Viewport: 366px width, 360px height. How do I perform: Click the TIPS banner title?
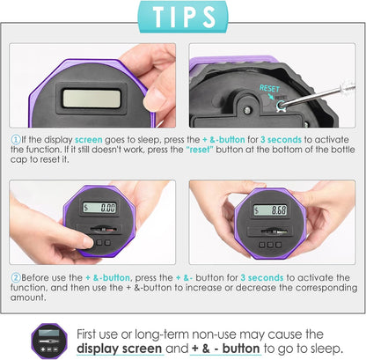(x=184, y=17)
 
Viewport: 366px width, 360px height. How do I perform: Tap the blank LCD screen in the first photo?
(x=91, y=99)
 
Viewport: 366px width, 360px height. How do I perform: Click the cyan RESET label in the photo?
(x=269, y=88)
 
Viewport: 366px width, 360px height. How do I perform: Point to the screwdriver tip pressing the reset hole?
(x=282, y=104)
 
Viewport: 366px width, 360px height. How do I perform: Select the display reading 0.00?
(x=99, y=208)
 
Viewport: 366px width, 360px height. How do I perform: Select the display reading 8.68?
(x=270, y=209)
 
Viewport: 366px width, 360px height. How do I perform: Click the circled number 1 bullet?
(x=16, y=139)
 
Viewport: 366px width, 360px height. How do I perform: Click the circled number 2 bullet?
(x=16, y=277)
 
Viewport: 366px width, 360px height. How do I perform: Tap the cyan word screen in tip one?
(x=89, y=140)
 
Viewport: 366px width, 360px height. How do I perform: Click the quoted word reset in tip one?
(x=200, y=150)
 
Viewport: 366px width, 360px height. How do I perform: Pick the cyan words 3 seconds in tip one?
(x=281, y=140)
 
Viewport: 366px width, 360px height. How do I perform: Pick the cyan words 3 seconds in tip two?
(x=262, y=277)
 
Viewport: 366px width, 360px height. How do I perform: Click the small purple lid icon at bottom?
(x=49, y=342)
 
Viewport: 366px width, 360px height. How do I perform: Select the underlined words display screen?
(x=119, y=349)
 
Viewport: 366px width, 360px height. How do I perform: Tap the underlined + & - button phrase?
(x=225, y=349)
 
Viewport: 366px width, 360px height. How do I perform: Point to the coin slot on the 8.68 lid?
(x=270, y=231)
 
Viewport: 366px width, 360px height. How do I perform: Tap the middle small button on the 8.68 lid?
(x=270, y=245)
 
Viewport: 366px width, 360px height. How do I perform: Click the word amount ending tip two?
(x=28, y=298)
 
